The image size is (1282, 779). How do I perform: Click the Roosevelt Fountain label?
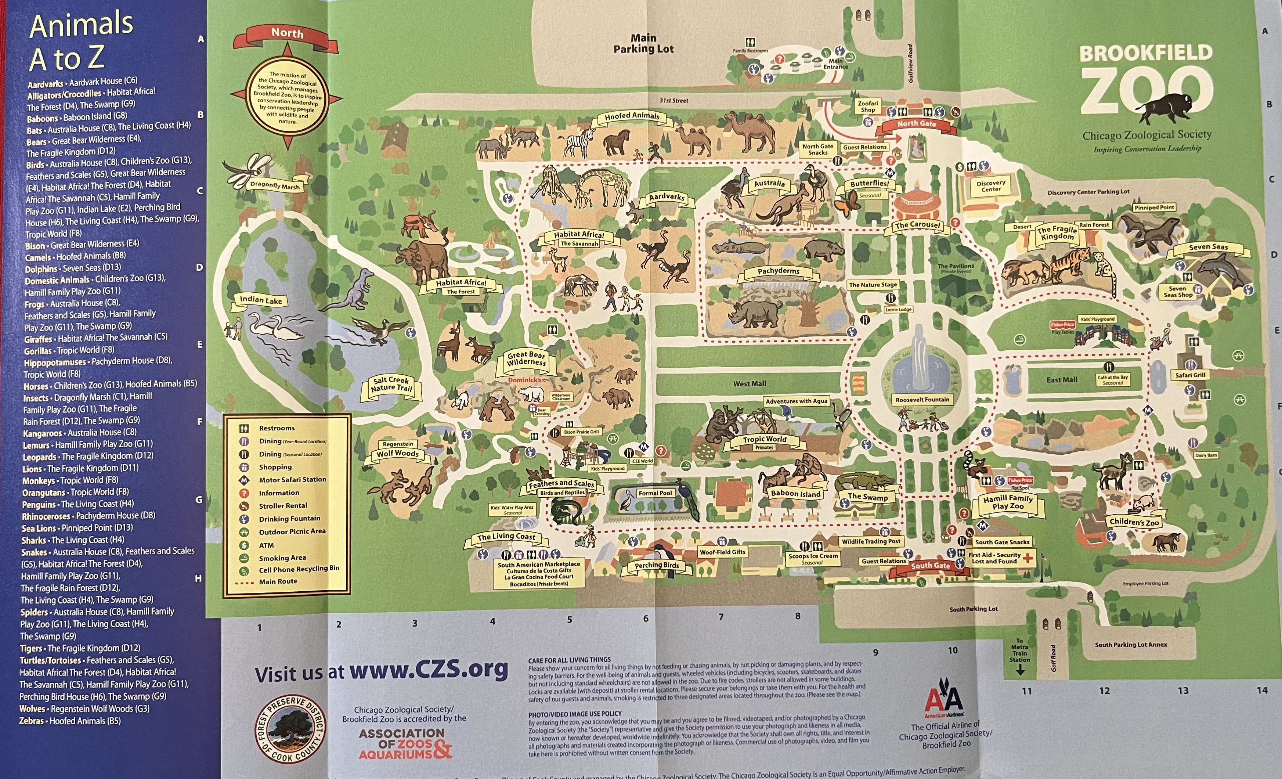[922, 400]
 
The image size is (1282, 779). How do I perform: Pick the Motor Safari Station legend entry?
[292, 480]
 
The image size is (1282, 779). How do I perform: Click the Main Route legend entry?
[278, 582]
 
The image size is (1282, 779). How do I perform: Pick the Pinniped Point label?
[1154, 207]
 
